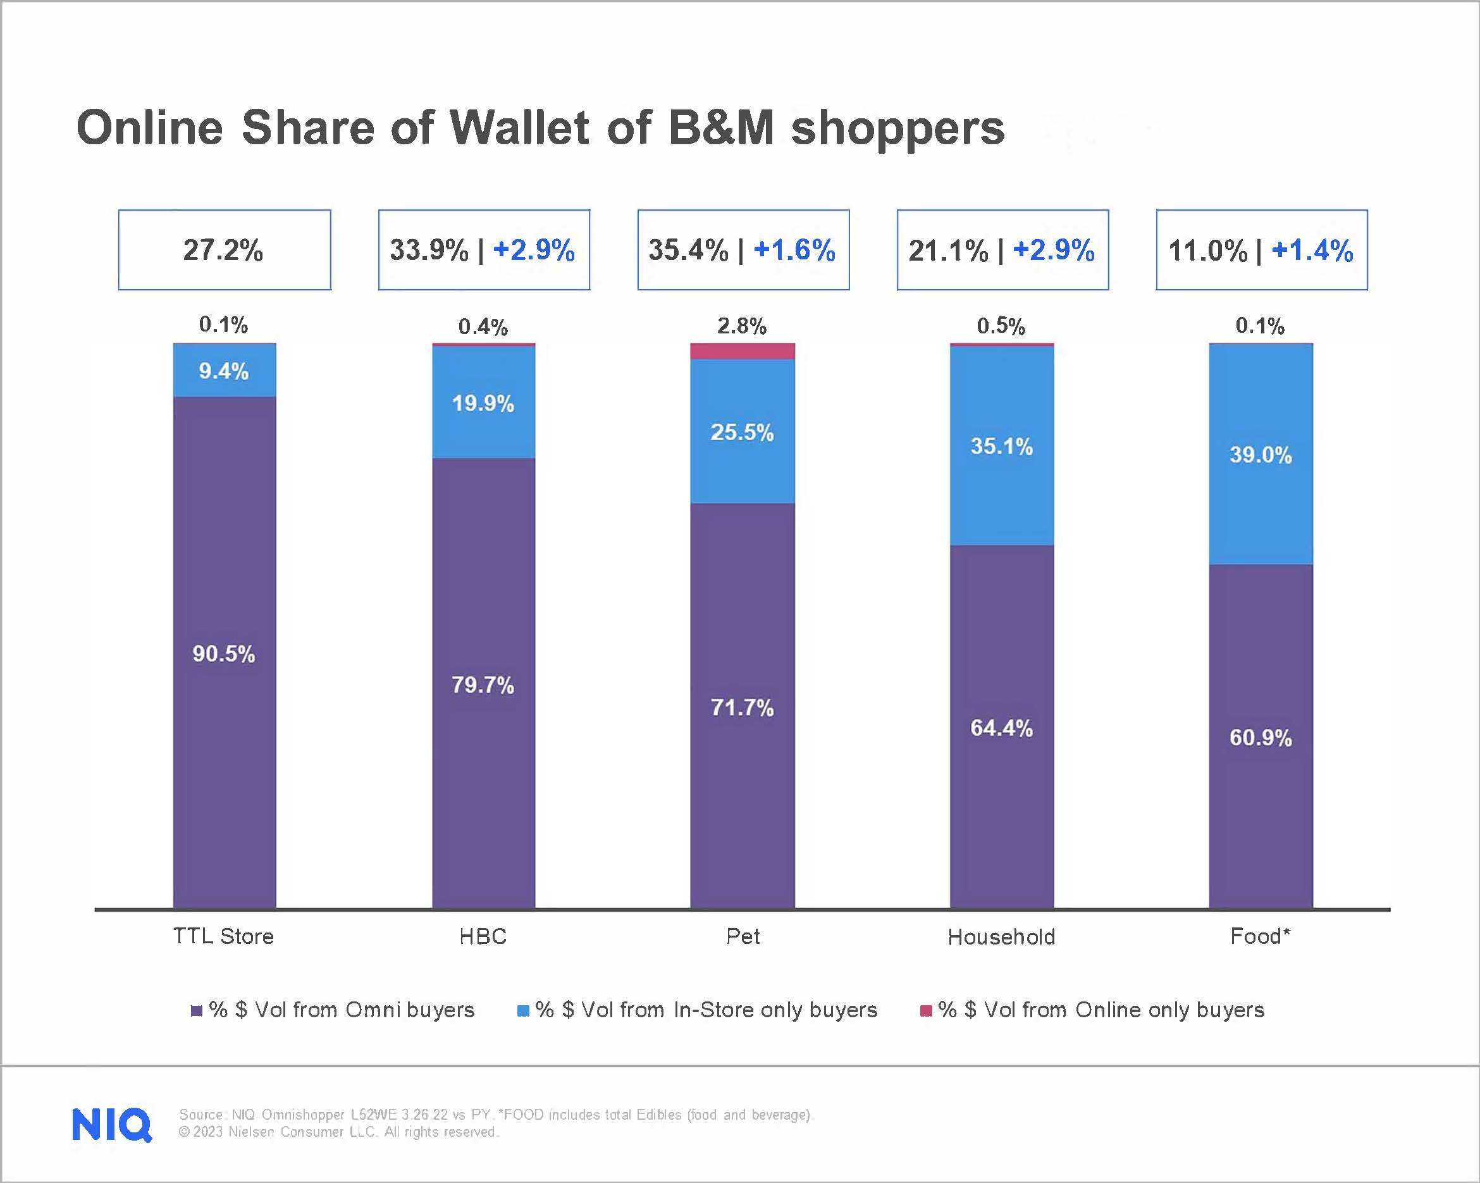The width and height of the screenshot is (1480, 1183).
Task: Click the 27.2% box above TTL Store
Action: (x=224, y=250)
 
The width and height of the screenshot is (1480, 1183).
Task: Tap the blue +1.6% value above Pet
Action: (x=794, y=250)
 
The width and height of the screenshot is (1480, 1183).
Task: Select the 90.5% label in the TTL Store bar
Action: (x=224, y=653)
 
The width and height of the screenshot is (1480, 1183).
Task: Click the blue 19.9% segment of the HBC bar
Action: (x=483, y=403)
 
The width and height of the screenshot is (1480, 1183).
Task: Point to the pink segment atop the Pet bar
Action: (x=742, y=352)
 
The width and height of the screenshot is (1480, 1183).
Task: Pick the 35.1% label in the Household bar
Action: (x=1002, y=446)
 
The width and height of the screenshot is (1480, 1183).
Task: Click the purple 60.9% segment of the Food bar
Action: (x=1261, y=738)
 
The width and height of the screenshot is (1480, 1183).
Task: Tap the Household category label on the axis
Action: (x=1002, y=936)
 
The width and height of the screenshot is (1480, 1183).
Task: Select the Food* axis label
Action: (x=1261, y=936)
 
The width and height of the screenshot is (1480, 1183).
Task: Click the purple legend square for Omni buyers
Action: (x=196, y=1011)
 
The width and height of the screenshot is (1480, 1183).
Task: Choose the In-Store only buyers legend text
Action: (x=706, y=1010)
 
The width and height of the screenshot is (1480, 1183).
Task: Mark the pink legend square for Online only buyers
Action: (x=926, y=1011)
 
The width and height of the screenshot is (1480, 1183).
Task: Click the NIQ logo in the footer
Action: (x=112, y=1124)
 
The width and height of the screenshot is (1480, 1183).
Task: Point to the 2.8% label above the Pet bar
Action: (x=742, y=326)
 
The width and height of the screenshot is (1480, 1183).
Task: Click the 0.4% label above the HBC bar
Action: (x=483, y=327)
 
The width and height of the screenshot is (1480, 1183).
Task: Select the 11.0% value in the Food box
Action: (x=1207, y=251)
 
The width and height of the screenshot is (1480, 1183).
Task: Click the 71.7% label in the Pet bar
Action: (x=742, y=707)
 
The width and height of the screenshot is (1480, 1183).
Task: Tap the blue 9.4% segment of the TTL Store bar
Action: (x=224, y=371)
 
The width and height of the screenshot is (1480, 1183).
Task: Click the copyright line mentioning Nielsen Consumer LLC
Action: (x=338, y=1132)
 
